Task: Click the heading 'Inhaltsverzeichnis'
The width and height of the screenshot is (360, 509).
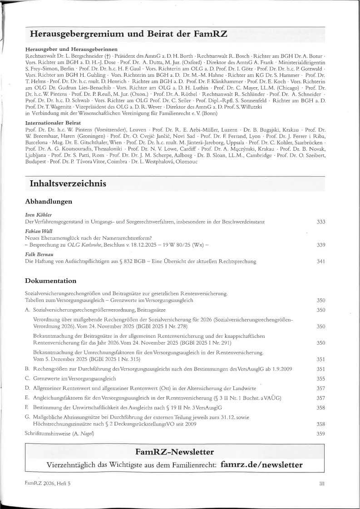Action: (x=68, y=184)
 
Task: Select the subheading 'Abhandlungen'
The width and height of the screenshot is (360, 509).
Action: (x=49, y=201)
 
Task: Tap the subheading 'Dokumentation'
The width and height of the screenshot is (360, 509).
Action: (x=50, y=281)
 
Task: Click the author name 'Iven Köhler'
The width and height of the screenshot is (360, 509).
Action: (x=39, y=214)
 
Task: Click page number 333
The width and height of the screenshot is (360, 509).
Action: (x=321, y=222)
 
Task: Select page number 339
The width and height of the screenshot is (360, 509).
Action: (x=321, y=245)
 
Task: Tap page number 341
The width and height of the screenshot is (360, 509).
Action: (x=321, y=262)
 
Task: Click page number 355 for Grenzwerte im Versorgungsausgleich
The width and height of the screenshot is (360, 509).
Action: (x=321, y=378)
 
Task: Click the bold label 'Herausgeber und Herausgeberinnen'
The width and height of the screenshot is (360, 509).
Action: (x=72, y=48)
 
